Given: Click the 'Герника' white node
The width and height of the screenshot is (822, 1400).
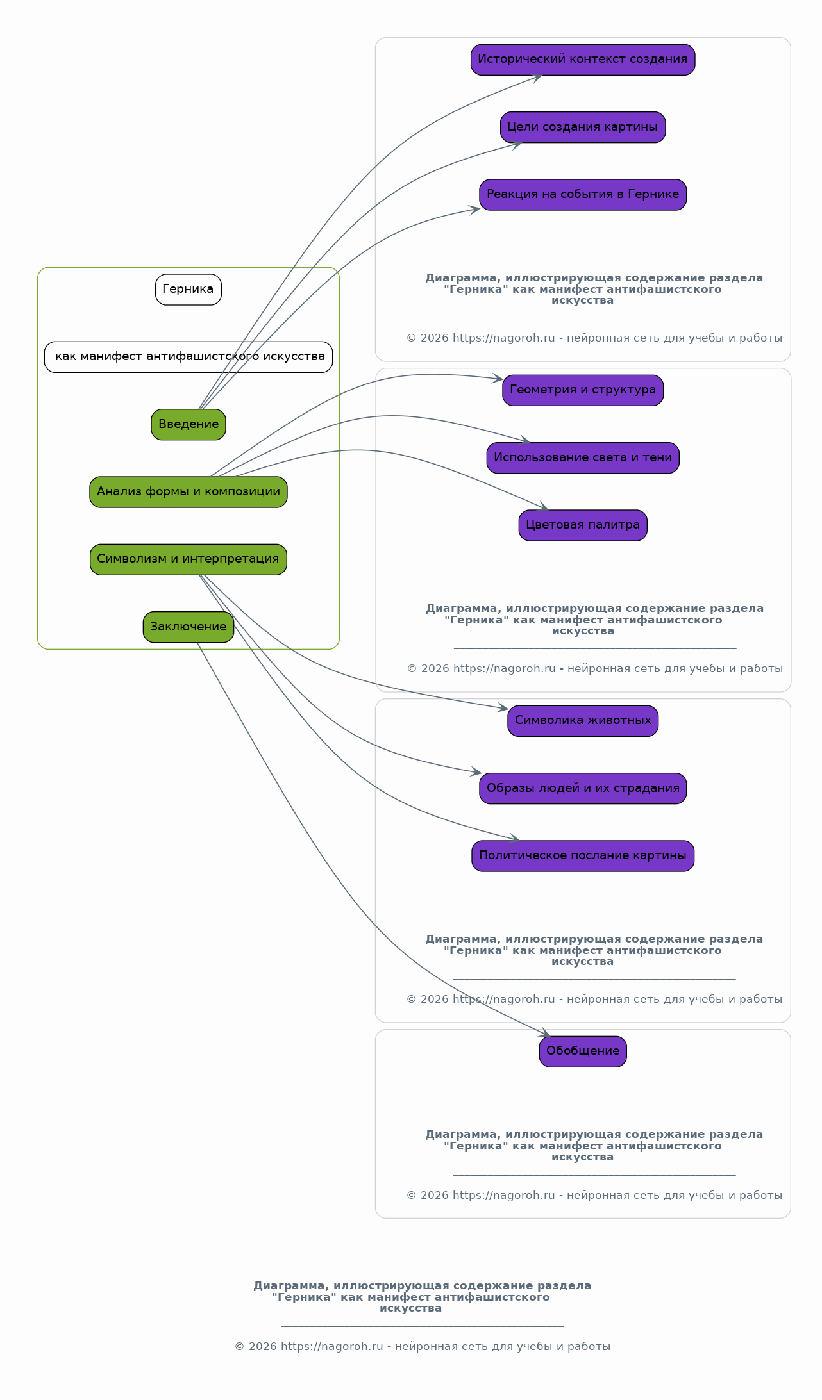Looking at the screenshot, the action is coord(188,290).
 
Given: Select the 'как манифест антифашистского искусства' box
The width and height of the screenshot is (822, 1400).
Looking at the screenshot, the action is coord(189,357).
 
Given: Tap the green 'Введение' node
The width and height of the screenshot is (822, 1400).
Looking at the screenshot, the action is coord(189,424).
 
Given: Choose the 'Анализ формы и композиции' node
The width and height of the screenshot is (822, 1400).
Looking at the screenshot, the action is coord(189,492).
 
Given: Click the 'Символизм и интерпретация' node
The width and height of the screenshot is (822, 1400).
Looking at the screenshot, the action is coord(189,559).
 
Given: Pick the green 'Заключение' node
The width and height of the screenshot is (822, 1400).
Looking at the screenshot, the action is coord(189,627).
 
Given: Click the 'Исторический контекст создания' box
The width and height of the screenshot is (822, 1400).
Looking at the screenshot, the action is coord(583,60).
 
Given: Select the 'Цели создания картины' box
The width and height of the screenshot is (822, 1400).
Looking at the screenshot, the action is coord(583,127).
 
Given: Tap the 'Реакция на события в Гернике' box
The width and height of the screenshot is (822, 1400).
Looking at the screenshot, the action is coord(583,195).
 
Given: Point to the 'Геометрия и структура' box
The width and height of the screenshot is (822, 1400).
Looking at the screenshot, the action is coord(583,390).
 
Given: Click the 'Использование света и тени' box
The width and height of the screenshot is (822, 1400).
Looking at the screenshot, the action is coord(583,457).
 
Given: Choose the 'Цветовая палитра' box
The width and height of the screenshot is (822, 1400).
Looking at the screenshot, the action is coord(583,525).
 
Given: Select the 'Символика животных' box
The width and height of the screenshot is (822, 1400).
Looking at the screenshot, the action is coord(583,721).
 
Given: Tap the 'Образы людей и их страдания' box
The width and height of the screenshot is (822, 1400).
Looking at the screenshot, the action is coord(583,788).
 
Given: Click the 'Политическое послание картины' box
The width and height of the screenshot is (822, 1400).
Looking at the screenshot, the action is coord(583,856).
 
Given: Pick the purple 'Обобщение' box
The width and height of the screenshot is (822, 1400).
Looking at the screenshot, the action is coord(583,1051).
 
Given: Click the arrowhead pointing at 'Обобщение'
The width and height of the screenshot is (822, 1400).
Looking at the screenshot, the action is coord(545,1033).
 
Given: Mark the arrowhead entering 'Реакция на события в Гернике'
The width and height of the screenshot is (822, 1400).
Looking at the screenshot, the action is coord(474,210).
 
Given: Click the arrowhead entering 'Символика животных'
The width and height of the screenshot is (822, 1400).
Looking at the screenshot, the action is coord(503,708).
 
